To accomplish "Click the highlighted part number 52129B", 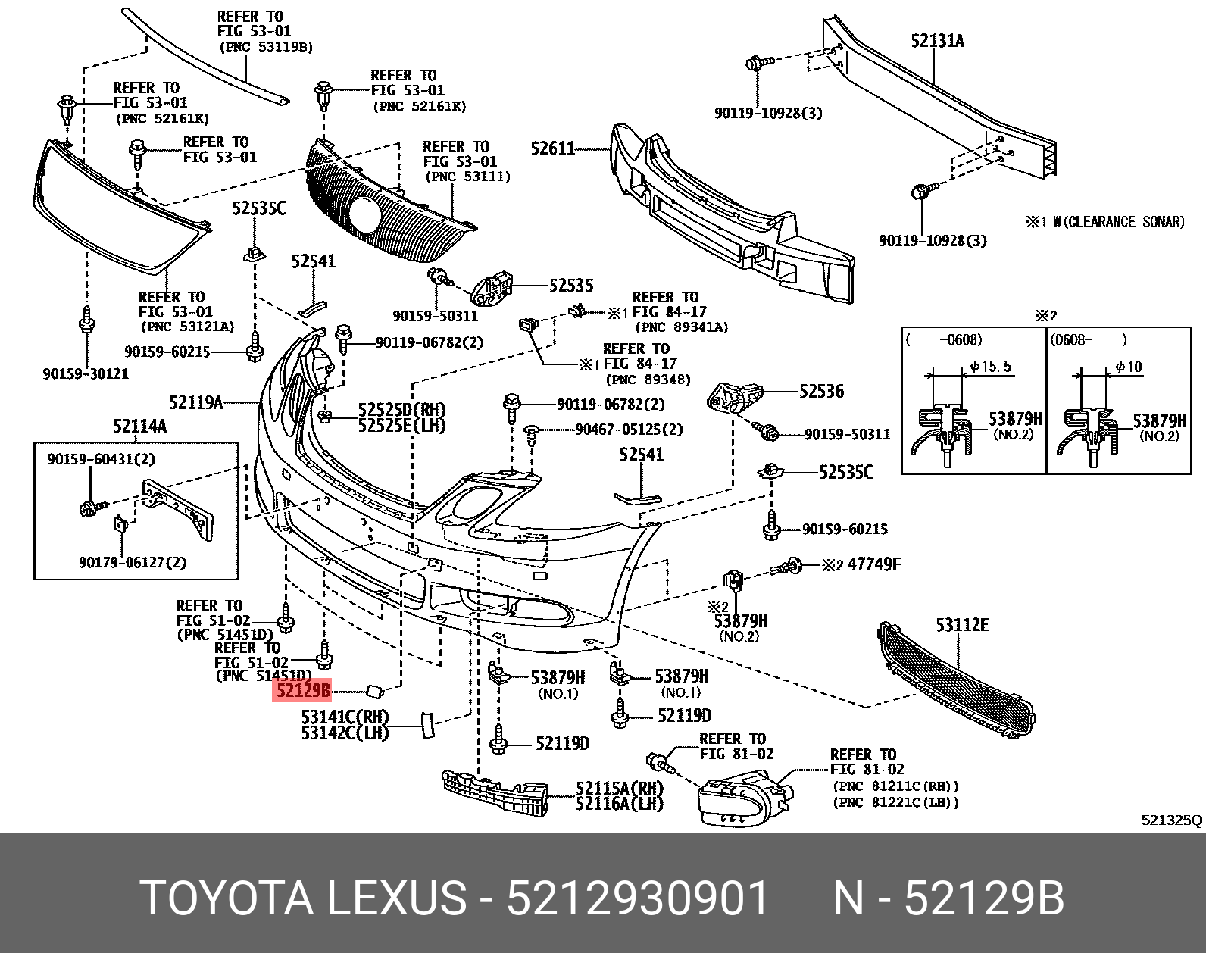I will coord(302,690).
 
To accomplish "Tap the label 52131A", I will coord(937,41).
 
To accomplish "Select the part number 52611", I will coord(553,148).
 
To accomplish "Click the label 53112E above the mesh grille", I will coord(962,625).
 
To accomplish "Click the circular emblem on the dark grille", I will coord(365,216).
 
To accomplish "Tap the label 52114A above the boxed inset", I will coord(139,427).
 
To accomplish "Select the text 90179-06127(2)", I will coord(132,562).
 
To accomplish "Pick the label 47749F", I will coord(874,564).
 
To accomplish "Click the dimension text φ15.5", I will coord(991,367).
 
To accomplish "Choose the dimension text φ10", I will coord(1129,367).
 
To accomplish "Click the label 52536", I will coord(821,392).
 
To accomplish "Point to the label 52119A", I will coord(195,403).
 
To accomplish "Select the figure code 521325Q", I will coord(1171,820).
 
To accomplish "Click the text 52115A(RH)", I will coord(619,789).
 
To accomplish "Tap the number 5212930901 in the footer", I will coord(637,898).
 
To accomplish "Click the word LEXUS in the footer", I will coord(396,898).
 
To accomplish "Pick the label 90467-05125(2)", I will coord(629,430).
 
